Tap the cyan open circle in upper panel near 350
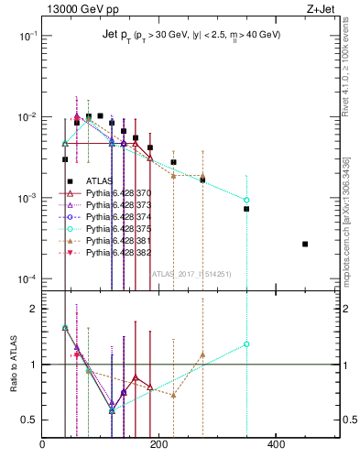(x=246, y=200)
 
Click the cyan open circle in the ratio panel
(x=246, y=344)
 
